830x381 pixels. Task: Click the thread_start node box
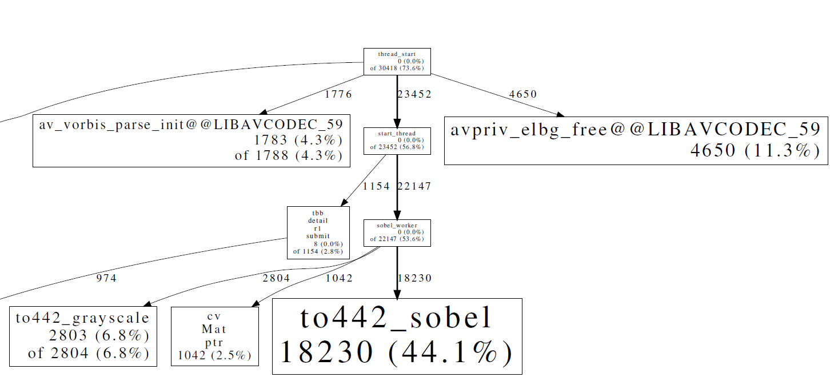point(397,61)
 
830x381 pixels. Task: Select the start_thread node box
point(397,141)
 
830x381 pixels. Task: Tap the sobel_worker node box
point(397,232)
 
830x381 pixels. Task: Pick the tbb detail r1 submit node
point(318,232)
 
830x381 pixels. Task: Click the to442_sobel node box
point(397,336)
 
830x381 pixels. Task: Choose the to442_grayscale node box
point(83,336)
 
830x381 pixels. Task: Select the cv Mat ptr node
point(214,336)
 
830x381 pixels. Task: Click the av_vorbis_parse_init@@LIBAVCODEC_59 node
point(191,141)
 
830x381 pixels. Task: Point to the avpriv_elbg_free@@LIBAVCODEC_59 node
point(636,141)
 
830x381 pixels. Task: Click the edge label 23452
point(414,94)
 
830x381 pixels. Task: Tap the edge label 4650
point(522,94)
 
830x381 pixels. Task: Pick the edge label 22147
point(414,186)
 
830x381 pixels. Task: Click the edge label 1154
point(376,186)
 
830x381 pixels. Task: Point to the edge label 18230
point(414,278)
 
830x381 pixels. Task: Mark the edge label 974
point(106,278)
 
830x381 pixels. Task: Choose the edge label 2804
point(276,278)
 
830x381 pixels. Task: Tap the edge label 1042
point(339,278)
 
